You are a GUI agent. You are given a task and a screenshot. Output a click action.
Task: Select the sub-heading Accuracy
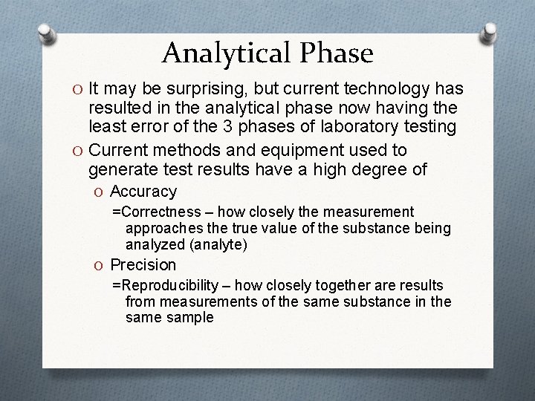pos(143,192)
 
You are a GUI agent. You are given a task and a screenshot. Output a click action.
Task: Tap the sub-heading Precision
pos(143,264)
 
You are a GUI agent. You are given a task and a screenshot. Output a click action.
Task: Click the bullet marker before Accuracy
pos(100,192)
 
